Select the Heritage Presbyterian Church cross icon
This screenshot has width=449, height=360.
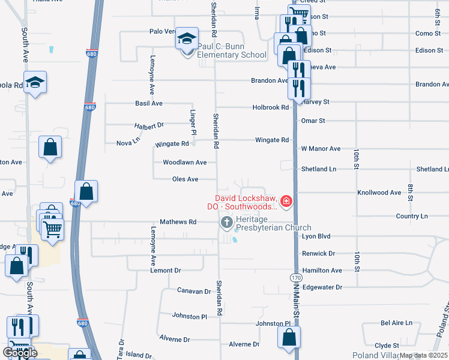[x=226, y=223]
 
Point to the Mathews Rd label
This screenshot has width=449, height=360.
[x=178, y=222]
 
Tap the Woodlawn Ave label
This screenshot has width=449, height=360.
[x=184, y=163]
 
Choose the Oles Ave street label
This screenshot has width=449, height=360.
[x=185, y=179]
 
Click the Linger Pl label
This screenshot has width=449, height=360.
[x=193, y=122]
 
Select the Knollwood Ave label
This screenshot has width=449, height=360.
[x=379, y=193]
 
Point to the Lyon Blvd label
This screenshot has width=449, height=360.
[x=316, y=236]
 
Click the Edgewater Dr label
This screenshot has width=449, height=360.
[x=322, y=287]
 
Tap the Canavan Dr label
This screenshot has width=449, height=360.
[x=194, y=291]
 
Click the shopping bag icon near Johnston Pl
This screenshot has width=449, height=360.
[x=289, y=338]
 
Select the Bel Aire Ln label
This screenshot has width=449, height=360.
[x=397, y=323]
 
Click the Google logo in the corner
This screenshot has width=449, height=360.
[x=20, y=353]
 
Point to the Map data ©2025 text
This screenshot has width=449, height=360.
[x=423, y=355]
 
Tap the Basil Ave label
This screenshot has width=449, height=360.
[x=149, y=104]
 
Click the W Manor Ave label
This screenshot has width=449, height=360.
[x=321, y=148]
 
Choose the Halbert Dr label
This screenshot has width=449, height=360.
[x=149, y=125]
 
